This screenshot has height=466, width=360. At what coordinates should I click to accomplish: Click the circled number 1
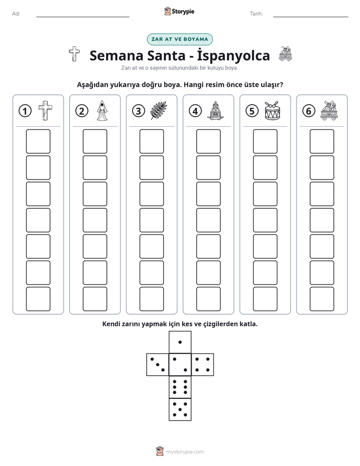(x=25, y=111)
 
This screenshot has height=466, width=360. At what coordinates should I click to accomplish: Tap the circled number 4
(x=195, y=111)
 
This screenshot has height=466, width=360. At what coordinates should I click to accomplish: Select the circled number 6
(x=309, y=111)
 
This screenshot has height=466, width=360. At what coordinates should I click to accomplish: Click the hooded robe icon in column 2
(x=102, y=110)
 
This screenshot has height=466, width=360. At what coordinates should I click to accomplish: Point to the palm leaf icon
(x=159, y=110)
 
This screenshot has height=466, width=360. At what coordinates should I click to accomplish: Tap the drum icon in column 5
(x=272, y=110)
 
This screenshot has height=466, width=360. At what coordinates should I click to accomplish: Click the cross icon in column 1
(x=45, y=110)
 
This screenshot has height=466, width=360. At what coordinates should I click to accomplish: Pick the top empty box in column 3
(x=151, y=141)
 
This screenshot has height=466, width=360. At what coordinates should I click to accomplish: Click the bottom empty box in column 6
(x=322, y=299)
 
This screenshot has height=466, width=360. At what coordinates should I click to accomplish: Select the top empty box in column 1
(x=38, y=141)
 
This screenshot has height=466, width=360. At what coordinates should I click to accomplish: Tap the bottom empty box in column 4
(x=208, y=299)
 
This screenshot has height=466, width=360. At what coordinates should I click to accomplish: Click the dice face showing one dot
(x=180, y=342)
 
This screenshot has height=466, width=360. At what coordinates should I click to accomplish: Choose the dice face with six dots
(x=180, y=387)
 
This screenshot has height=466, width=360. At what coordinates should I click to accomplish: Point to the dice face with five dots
(x=180, y=410)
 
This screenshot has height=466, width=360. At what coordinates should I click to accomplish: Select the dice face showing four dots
(x=203, y=365)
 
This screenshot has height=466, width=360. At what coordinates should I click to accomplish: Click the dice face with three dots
(x=158, y=365)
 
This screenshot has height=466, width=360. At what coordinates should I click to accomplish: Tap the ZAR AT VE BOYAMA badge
(x=179, y=39)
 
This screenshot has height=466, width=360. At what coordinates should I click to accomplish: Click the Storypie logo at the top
(x=179, y=12)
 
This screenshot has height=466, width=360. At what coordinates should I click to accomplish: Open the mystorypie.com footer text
(x=185, y=452)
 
